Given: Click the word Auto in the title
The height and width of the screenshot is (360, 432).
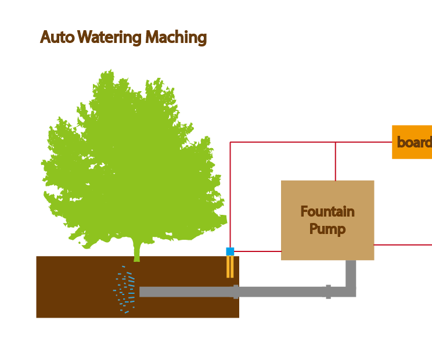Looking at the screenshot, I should pos(57,38).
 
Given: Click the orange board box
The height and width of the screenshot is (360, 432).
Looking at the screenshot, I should pos(412,142).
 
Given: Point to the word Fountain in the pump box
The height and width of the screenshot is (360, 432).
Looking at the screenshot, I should pos(327,211).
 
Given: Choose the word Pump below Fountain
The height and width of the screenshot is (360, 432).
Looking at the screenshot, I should pos(327,229).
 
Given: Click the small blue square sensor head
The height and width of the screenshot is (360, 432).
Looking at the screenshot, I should pos(230,251).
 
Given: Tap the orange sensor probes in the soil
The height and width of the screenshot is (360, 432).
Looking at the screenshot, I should pos(230,267).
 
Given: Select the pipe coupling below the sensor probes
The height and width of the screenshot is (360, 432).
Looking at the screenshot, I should pos(236,291).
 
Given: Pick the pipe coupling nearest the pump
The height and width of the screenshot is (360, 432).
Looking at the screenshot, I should pos(328,291).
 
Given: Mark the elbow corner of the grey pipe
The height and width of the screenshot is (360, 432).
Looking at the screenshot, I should pos(351,291).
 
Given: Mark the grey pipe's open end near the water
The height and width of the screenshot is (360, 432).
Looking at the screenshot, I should pos(142,291).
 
